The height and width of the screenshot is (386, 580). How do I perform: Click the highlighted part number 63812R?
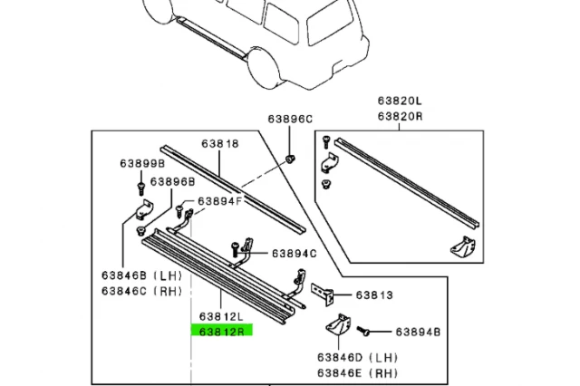222,331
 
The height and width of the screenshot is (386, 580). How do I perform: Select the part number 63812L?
222,317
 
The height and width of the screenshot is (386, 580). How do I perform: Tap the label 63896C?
289,119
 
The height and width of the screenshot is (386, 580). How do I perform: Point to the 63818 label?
219,143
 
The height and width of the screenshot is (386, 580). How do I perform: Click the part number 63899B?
141,164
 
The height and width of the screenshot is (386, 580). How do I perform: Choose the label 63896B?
173,181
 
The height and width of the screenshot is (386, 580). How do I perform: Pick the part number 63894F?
221,200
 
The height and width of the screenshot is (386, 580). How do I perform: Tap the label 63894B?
417,333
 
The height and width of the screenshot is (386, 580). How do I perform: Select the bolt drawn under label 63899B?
142,188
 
